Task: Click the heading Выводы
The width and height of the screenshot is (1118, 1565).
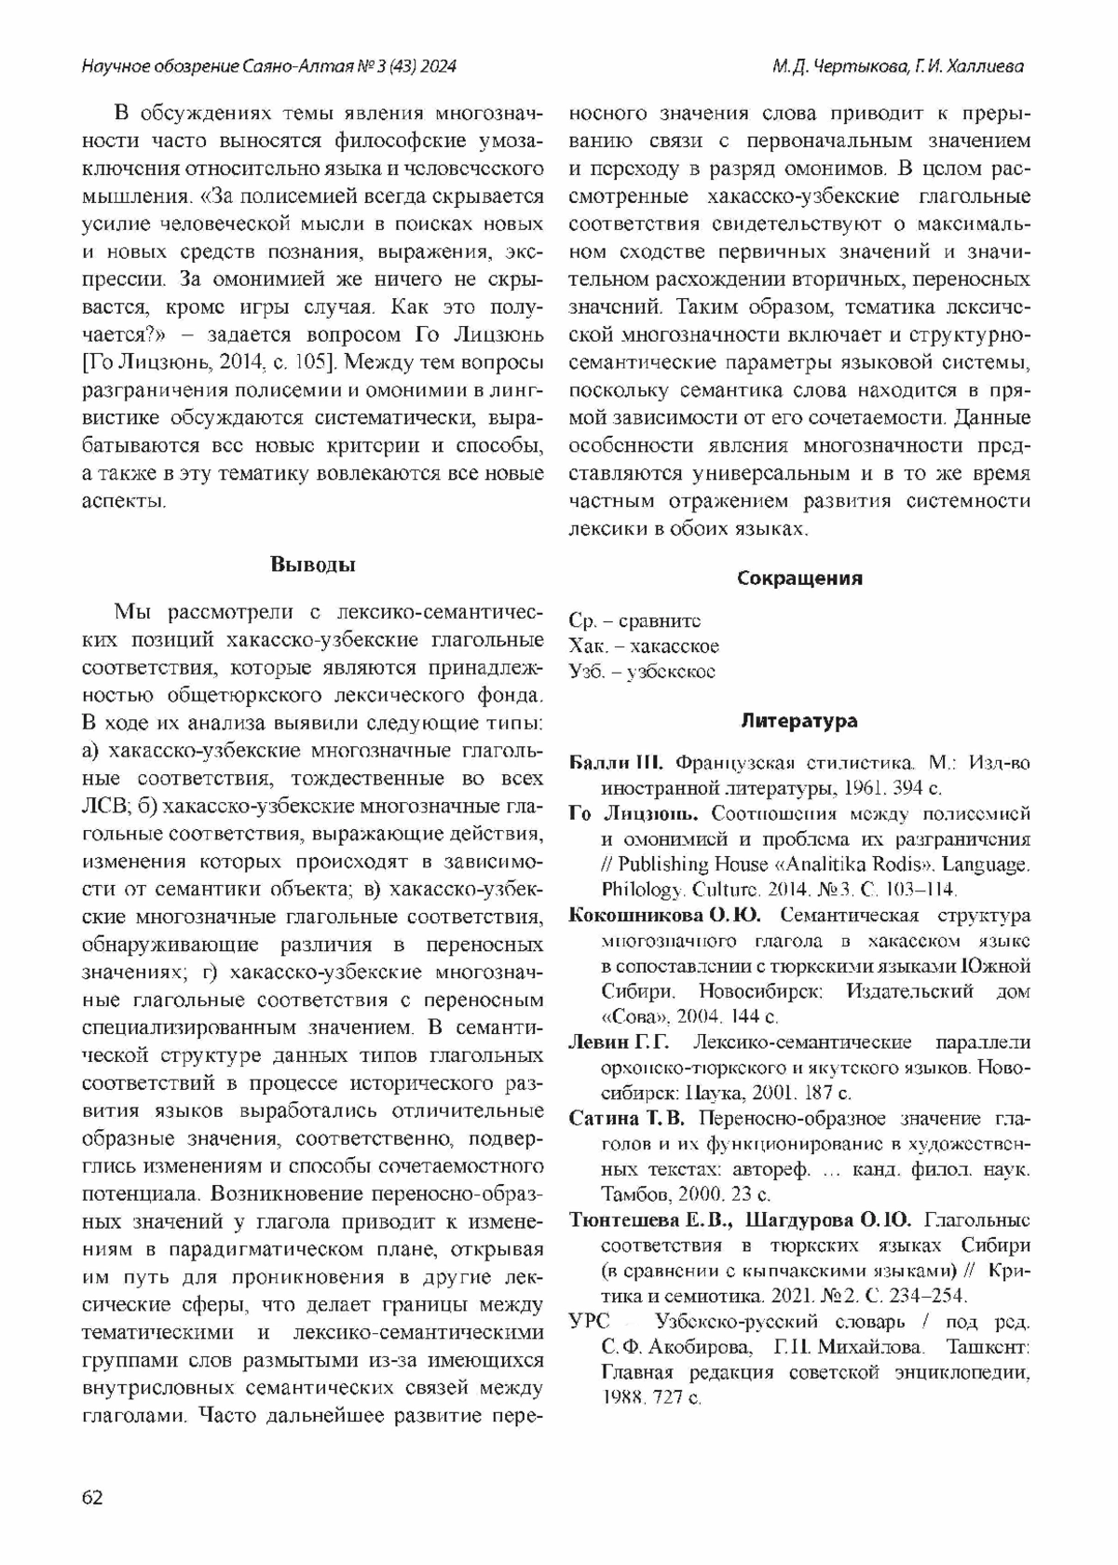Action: tap(312, 564)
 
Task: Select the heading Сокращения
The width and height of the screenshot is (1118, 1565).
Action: tap(799, 578)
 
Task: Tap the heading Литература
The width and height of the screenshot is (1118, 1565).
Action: tap(799, 720)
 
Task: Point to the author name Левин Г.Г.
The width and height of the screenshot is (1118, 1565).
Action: tap(619, 1041)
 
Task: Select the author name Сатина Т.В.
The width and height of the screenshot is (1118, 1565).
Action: tap(627, 1118)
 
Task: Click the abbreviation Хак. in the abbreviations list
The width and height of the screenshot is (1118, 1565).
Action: tap(588, 646)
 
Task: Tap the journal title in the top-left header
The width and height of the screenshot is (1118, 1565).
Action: tap(269, 67)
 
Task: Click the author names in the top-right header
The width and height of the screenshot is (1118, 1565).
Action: tap(897, 67)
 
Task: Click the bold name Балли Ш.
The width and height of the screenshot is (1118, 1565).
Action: tap(615, 764)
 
